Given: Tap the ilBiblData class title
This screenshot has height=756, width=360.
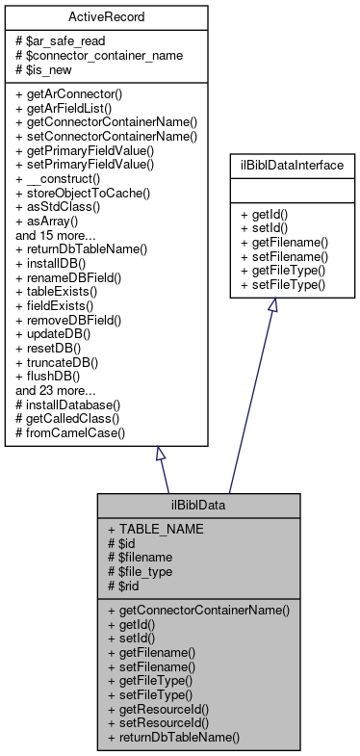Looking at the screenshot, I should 197,506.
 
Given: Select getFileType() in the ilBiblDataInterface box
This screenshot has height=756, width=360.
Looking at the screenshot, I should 288,272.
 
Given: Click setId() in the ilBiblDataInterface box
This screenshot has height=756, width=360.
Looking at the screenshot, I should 271,231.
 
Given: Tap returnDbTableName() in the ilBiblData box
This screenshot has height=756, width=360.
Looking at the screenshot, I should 180,736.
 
